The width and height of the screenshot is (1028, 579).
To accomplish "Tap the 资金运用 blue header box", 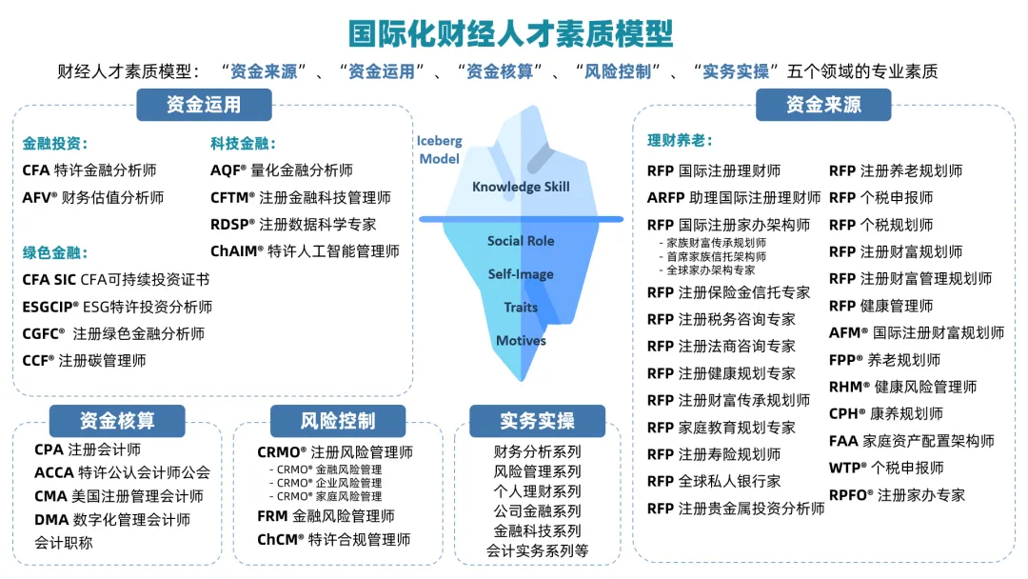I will pyautogui.click(x=204, y=105).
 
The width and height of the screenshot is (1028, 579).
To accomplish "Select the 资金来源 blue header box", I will pyautogui.click(x=823, y=105).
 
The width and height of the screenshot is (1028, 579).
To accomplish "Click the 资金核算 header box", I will pyautogui.click(x=117, y=420).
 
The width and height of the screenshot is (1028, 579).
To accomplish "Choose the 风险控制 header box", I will pyautogui.click(x=338, y=420).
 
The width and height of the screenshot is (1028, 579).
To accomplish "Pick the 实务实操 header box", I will pyautogui.click(x=537, y=420).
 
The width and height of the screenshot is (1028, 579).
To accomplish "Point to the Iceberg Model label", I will pyautogui.click(x=439, y=150).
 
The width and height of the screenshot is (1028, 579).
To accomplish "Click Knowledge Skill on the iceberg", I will pyautogui.click(x=521, y=187).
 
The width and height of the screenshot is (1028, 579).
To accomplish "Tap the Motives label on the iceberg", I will pyautogui.click(x=521, y=340).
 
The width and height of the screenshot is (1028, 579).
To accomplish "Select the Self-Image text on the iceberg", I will pyautogui.click(x=521, y=274).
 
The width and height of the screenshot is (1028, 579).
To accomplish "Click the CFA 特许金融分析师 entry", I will pyautogui.click(x=89, y=170).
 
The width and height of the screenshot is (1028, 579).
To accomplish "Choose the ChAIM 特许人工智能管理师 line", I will pyautogui.click(x=305, y=251).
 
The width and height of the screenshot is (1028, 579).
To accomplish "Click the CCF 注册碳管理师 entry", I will pyautogui.click(x=84, y=361).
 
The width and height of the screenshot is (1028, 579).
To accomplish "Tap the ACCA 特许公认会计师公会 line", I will pyautogui.click(x=122, y=472).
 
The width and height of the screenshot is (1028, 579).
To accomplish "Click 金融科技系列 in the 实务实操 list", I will pyautogui.click(x=537, y=530).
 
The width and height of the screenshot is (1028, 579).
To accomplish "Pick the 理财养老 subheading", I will pyautogui.click(x=680, y=141).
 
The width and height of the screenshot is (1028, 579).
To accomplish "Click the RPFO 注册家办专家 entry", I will pyautogui.click(x=897, y=494).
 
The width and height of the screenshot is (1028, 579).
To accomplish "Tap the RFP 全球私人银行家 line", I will pyautogui.click(x=714, y=481).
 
